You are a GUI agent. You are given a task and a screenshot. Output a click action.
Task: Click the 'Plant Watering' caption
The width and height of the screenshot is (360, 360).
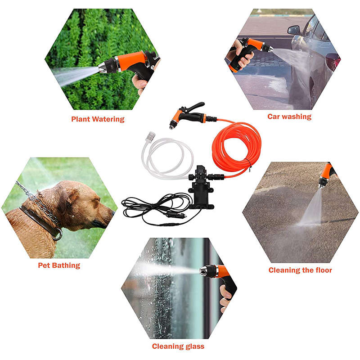[x=98, y=119]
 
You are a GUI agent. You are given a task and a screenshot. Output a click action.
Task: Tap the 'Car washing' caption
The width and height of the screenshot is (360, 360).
[x=289, y=117]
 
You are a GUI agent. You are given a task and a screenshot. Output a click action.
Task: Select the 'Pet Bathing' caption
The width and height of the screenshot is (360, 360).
[x=59, y=265]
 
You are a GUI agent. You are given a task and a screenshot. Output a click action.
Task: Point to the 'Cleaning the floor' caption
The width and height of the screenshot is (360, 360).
[x=300, y=270]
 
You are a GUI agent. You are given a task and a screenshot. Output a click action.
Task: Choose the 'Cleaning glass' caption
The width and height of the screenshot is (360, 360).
[x=178, y=346]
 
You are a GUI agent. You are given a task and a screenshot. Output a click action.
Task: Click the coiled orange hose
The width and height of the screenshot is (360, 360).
[x=237, y=147]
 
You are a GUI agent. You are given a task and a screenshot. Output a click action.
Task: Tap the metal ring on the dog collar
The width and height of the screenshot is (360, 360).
[x=58, y=234]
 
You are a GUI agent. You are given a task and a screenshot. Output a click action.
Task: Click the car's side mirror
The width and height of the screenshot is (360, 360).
[x=294, y=30]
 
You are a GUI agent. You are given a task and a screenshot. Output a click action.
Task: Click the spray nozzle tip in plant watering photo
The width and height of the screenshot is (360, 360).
[x=103, y=67]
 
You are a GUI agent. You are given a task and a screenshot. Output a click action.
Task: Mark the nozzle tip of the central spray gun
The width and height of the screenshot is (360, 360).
[x=172, y=126]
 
